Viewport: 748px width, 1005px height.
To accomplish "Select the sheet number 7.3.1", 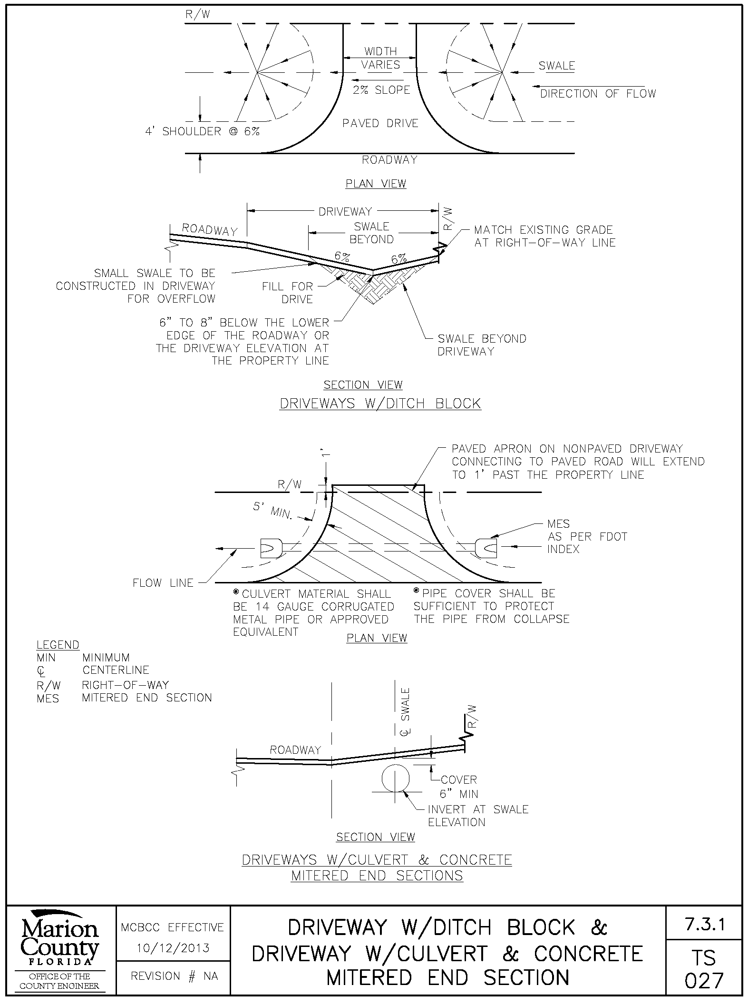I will pyautogui.click(x=705, y=925).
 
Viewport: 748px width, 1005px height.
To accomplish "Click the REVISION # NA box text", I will pyautogui.click(x=174, y=976).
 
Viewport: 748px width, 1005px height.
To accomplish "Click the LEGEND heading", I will pyautogui.click(x=58, y=645).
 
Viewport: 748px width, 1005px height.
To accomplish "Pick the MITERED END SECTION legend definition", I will pyautogui.click(x=147, y=698).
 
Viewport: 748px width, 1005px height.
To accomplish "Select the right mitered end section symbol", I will pyautogui.click(x=486, y=548).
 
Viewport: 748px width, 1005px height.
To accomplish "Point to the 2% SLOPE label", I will pyautogui.click(x=381, y=90).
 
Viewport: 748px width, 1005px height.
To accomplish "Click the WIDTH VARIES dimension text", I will pyautogui.click(x=381, y=58).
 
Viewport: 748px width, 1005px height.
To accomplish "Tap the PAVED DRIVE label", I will pyautogui.click(x=380, y=124).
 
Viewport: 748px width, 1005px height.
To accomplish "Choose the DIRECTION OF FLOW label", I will pyautogui.click(x=598, y=94).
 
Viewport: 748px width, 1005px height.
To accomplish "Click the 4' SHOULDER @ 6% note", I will pyautogui.click(x=203, y=131).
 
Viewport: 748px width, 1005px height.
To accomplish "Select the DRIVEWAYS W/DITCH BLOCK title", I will pyautogui.click(x=380, y=404).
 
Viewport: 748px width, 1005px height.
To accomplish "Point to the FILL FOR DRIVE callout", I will pyautogui.click(x=288, y=293).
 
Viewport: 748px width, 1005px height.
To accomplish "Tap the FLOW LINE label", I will pyautogui.click(x=163, y=583).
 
